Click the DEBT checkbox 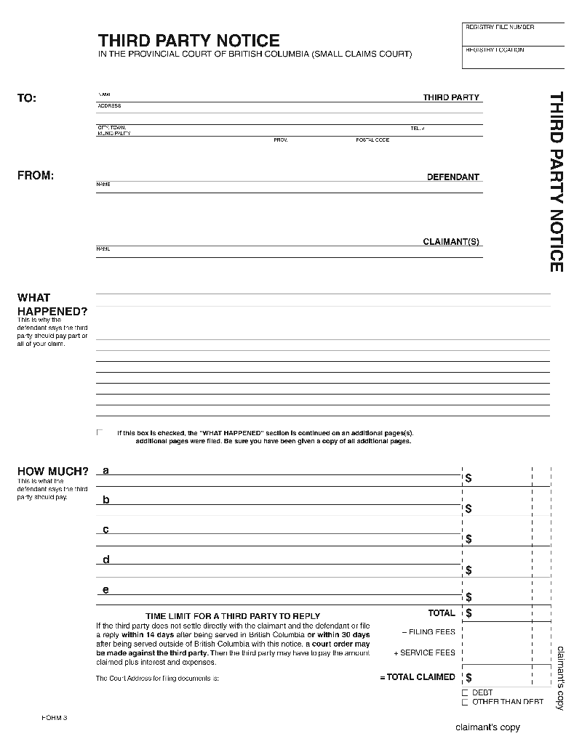pos(466,693)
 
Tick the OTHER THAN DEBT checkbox pos(466,702)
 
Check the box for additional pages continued pos(100,432)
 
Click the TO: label pos(26,98)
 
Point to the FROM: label pos(35,175)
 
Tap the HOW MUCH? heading pos(52,472)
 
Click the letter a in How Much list pos(106,470)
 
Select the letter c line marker pos(106,529)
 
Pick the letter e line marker pos(106,589)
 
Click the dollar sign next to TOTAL pos(469,613)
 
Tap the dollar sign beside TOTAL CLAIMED pos(469,677)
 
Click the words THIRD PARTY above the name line pos(451,97)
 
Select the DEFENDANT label pos(453,177)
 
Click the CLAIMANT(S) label pos(451,242)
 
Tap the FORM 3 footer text pos(55,718)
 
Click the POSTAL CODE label pos(372,140)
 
